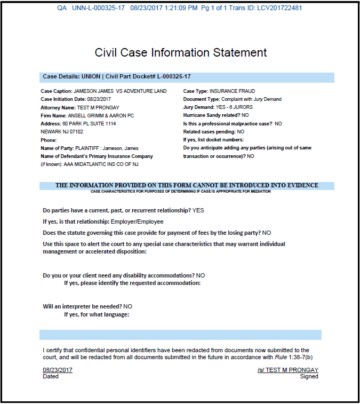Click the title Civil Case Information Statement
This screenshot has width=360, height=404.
pos(180,52)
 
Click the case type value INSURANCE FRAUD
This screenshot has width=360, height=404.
pos(232,91)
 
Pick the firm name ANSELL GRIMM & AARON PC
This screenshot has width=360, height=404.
pos(101,115)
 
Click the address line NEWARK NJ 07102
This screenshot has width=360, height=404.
pos(62,131)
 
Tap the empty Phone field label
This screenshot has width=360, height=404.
pos(49,140)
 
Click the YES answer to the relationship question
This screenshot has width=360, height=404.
pos(198,210)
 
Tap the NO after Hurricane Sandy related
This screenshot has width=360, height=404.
pos(245,115)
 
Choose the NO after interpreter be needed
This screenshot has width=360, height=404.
pos(127,307)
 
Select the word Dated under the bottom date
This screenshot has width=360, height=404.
pos(51,376)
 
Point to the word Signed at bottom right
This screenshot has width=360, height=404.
pos(309,376)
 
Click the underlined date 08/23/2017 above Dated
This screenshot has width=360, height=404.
pos(58,370)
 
